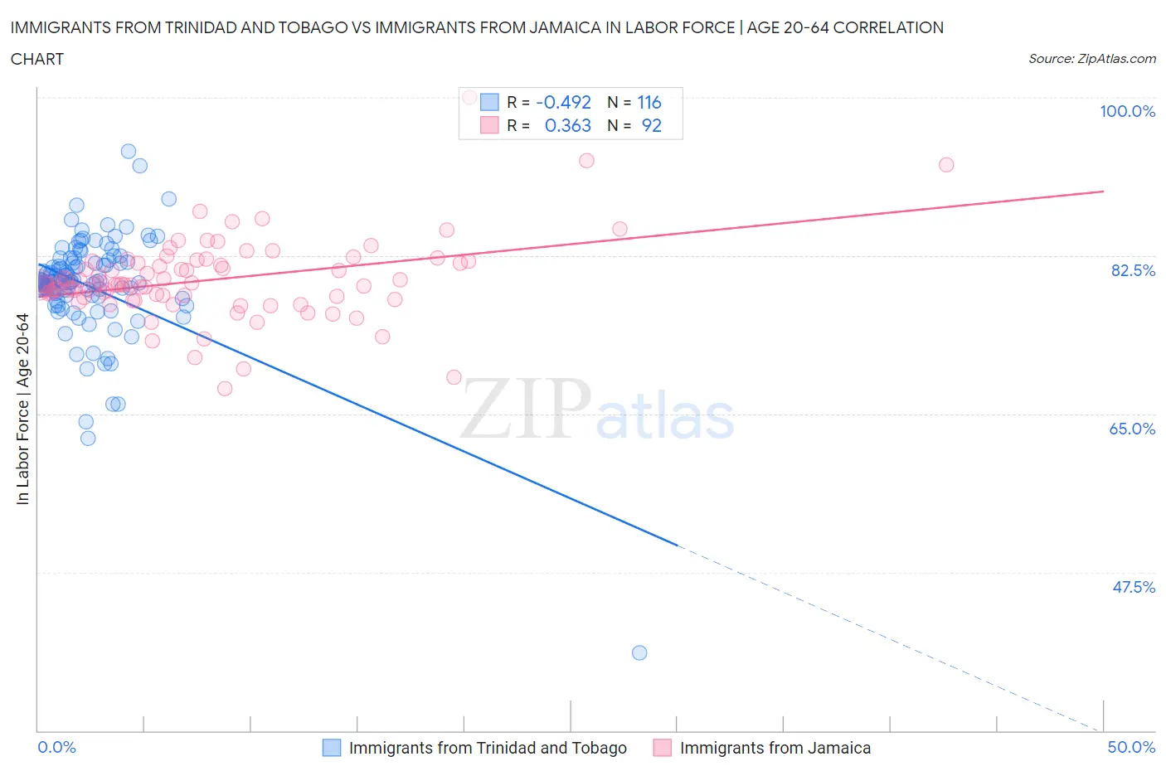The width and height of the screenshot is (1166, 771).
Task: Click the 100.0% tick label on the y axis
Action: (x=1127, y=111)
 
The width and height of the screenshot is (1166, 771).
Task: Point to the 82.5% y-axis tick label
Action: (x=1133, y=270)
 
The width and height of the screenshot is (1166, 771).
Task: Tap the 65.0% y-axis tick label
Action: (x=1132, y=429)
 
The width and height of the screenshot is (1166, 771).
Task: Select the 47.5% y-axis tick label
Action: (x=1133, y=587)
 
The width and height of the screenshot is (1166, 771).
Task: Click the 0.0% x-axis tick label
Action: (x=56, y=747)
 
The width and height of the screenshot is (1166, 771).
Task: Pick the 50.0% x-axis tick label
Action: (x=1131, y=747)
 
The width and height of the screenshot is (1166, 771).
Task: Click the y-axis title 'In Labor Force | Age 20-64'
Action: (x=22, y=409)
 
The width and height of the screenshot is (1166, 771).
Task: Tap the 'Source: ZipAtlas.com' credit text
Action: (x=1091, y=59)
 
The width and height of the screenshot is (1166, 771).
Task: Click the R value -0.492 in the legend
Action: (x=563, y=102)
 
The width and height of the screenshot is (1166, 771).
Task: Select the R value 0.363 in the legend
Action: (x=567, y=125)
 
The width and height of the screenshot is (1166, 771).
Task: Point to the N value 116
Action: (x=649, y=102)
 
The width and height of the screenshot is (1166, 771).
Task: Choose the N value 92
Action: (x=651, y=125)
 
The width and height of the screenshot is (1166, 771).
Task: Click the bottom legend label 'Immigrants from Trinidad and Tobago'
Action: (x=488, y=748)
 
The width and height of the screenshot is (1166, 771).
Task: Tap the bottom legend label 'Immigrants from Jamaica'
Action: (x=775, y=748)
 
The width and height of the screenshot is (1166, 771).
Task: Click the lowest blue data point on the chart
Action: (x=639, y=652)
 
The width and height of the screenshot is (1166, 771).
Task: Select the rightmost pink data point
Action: (x=946, y=164)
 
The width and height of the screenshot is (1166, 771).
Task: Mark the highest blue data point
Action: (x=129, y=151)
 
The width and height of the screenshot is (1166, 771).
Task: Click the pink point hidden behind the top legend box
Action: (x=469, y=97)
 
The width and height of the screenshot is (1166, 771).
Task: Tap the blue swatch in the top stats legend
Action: (x=489, y=102)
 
